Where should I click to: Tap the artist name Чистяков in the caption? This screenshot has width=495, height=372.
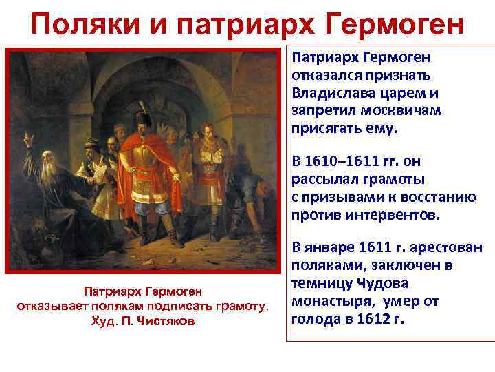point(162,322)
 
